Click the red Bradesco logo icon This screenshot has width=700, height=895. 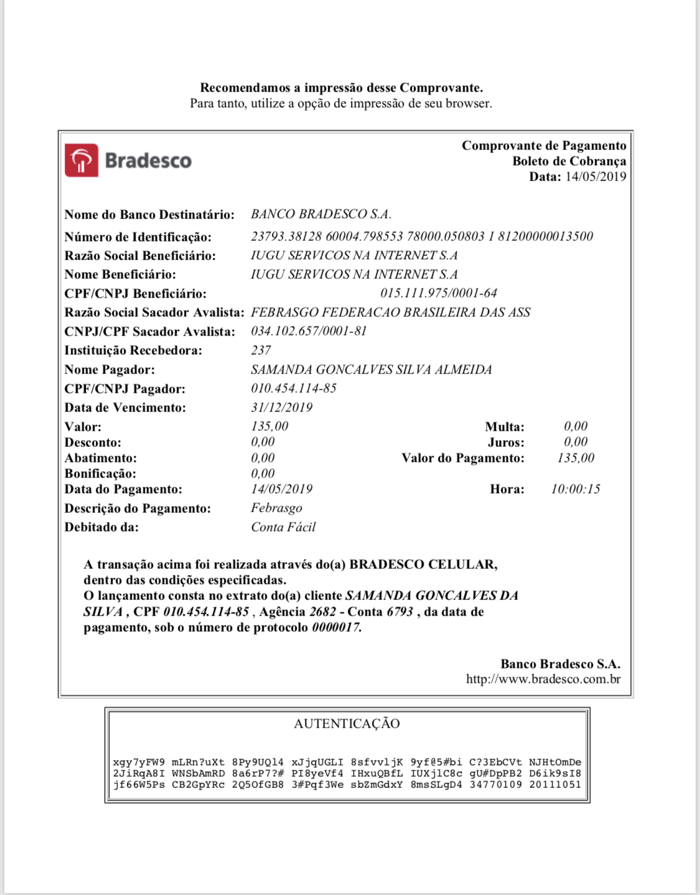[x=82, y=161]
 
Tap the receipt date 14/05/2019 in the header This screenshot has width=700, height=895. [x=595, y=177]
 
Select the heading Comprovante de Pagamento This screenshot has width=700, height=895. [x=544, y=146]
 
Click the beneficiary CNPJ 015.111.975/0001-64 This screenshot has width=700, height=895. [x=439, y=293]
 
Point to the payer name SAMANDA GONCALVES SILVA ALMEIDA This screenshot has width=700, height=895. [x=371, y=370]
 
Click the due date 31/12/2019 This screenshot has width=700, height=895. [x=281, y=408]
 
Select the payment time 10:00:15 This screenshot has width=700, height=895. [x=576, y=489]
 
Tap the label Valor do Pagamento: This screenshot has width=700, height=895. [x=463, y=458]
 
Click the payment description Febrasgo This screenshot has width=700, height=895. [x=276, y=508]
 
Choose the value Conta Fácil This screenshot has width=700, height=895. [x=283, y=527]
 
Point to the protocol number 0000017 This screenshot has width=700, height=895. [x=336, y=627]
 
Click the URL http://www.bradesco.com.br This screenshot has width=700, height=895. [x=543, y=679]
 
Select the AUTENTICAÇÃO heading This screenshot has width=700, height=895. [x=347, y=723]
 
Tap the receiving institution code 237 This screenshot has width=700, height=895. [x=261, y=350]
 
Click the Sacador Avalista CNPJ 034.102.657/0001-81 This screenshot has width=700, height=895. [x=309, y=331]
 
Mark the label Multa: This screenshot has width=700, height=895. [x=505, y=427]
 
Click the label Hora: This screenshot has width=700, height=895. [x=507, y=489]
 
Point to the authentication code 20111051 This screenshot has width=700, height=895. [x=555, y=785]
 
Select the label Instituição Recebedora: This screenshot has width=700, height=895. [x=133, y=350]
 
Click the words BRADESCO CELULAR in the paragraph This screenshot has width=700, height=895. [x=422, y=565]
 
